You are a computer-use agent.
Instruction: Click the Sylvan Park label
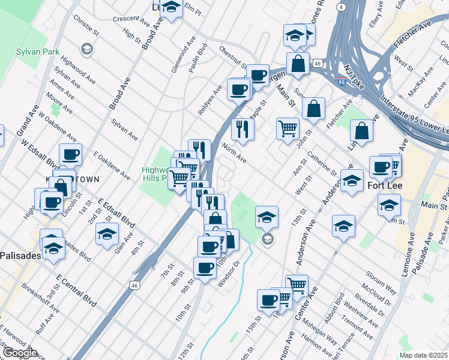point(38,52)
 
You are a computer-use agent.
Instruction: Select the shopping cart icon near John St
point(288,128)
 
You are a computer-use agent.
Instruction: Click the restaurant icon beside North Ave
point(243,129)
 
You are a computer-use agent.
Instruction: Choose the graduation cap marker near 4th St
point(107,234)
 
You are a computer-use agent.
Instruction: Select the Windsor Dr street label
point(229,274)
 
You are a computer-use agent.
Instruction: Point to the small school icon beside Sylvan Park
point(87,48)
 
